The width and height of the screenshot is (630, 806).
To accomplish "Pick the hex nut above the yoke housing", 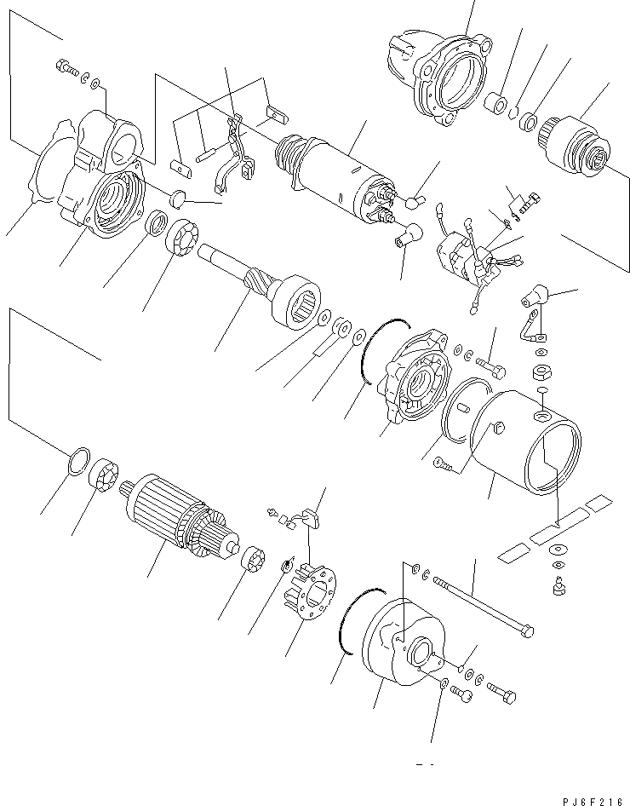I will [539, 371].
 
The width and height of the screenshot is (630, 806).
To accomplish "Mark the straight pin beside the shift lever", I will [208, 156].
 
